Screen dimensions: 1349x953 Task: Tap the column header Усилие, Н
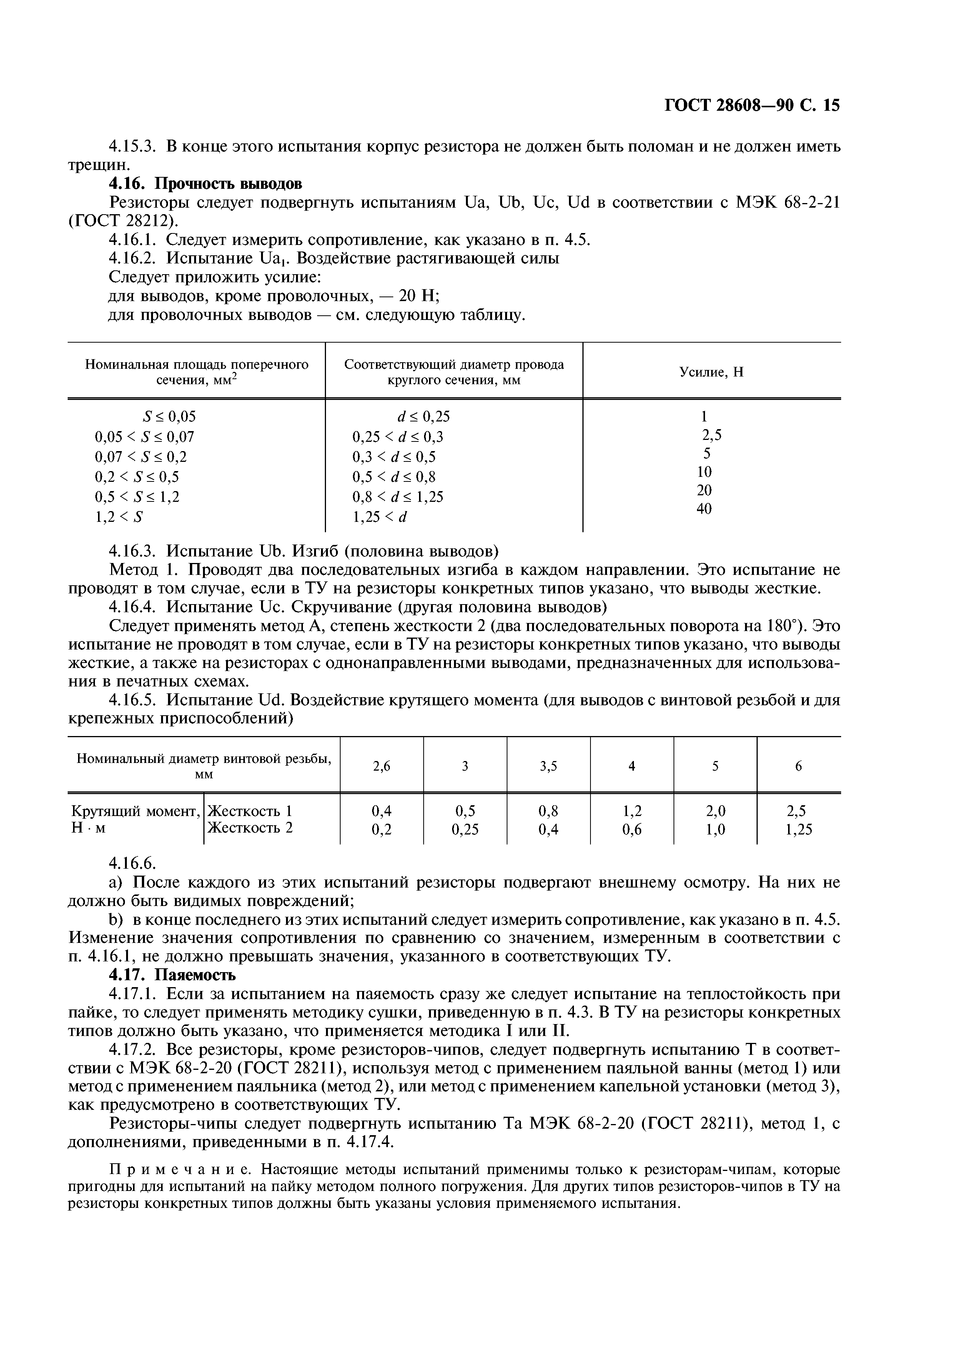(711, 372)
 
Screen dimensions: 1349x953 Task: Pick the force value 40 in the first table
(704, 509)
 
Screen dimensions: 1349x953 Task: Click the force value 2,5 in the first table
(712, 435)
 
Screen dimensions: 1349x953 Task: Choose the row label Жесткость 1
(250, 811)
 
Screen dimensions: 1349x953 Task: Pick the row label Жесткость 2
(250, 828)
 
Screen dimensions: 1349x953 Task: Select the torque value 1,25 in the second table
(798, 829)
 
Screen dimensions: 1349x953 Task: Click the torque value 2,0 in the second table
(715, 811)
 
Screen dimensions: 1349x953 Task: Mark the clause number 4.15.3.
(133, 146)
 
